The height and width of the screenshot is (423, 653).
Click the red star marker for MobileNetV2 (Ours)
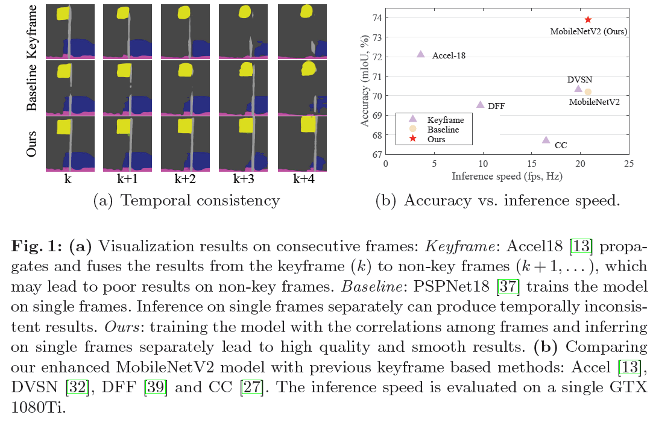click(588, 20)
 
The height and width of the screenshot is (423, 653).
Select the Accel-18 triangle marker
click(421, 54)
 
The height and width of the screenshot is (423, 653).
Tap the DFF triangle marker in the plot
click(480, 105)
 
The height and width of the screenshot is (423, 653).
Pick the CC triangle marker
click(546, 140)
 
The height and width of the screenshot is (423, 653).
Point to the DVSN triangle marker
click(578, 89)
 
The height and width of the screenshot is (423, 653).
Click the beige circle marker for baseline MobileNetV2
click(588, 92)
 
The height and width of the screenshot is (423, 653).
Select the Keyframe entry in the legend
click(443, 119)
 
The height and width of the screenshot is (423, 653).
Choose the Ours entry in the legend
click(435, 139)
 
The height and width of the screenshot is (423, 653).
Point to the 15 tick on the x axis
click(531, 164)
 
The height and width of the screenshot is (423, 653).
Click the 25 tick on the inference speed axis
click(628, 164)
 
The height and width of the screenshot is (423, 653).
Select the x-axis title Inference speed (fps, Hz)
click(507, 177)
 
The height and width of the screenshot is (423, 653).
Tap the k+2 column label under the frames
click(185, 179)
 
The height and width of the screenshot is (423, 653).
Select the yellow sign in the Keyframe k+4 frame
click(306, 10)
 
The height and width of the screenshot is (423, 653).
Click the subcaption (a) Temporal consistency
click(186, 201)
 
